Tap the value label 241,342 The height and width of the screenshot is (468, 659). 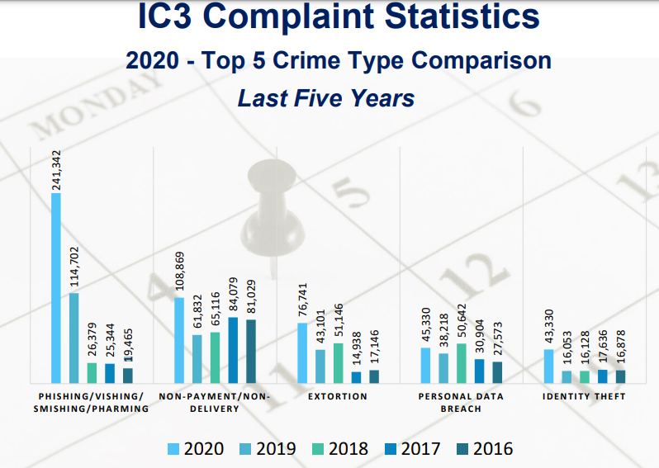pyautogui.click(x=56, y=169)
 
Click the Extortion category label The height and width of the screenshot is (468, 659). pyautogui.click(x=337, y=397)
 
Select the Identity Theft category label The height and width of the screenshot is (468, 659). pyautogui.click(x=584, y=397)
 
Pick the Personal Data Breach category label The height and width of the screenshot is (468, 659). pyautogui.click(x=460, y=402)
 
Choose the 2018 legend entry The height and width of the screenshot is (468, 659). pyautogui.click(x=339, y=449)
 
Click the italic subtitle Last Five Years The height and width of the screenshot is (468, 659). pyautogui.click(x=326, y=98)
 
